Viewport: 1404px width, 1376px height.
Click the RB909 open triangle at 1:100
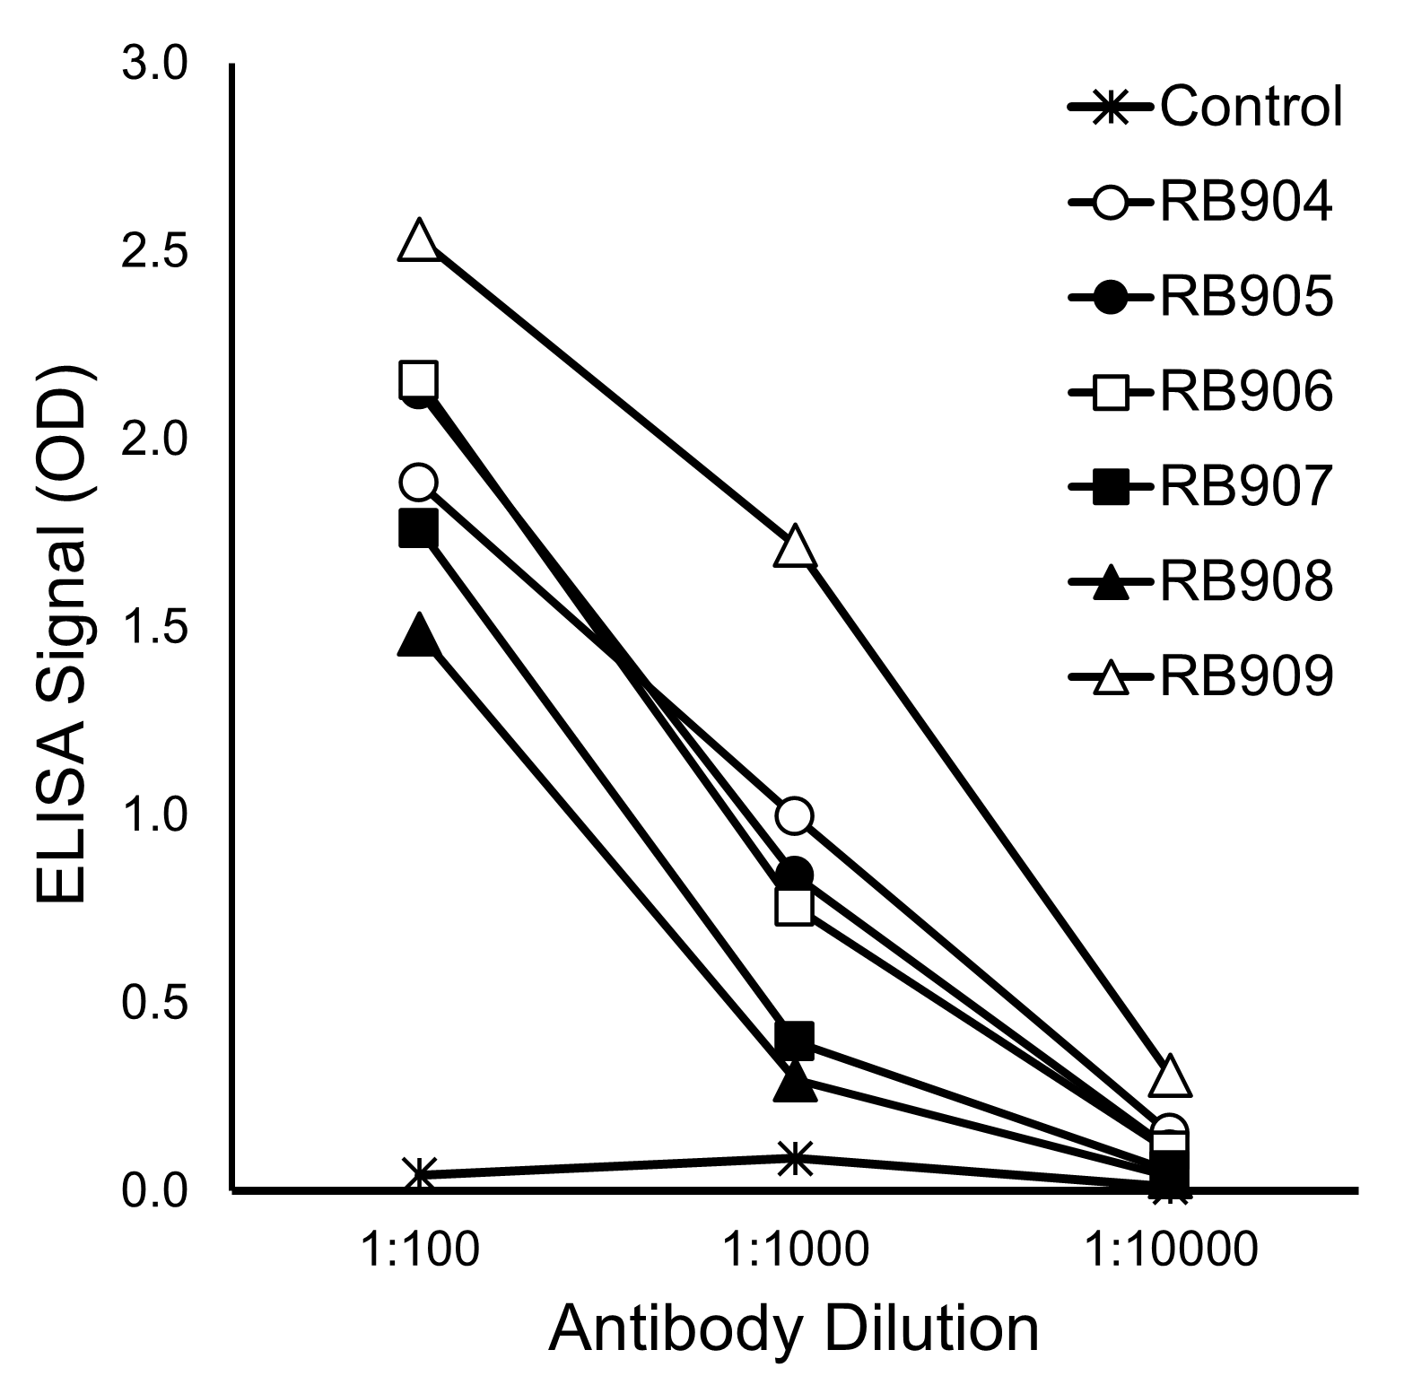pyautogui.click(x=419, y=240)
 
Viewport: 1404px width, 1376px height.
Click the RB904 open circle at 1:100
pyautogui.click(x=419, y=483)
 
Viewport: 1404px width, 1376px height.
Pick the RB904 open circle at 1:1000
pyautogui.click(x=795, y=815)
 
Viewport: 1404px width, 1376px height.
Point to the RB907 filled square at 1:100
pyautogui.click(x=419, y=528)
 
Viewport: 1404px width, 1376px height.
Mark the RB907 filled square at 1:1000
pyautogui.click(x=795, y=1039)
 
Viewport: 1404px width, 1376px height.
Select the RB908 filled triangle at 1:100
pyautogui.click(x=419, y=636)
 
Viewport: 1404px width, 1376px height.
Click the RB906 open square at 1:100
pyautogui.click(x=419, y=380)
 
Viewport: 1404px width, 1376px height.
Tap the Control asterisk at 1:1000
pyautogui.click(x=795, y=1158)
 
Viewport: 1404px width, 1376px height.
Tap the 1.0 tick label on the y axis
pyautogui.click(x=154, y=815)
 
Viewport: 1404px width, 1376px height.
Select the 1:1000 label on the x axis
pyautogui.click(x=795, y=1249)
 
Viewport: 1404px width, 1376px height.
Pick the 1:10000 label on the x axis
pyautogui.click(x=1170, y=1249)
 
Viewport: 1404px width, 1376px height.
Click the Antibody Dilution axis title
pyautogui.click(x=794, y=1328)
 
